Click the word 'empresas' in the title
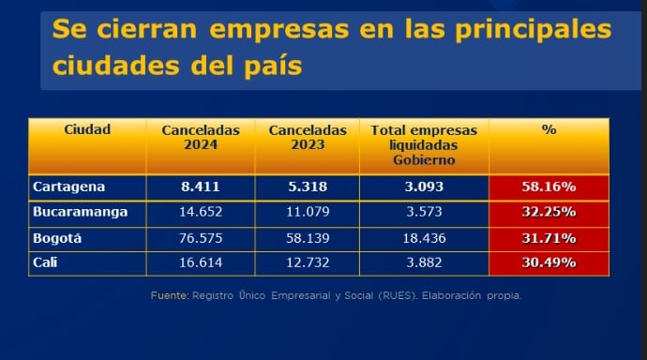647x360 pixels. pos(278,30)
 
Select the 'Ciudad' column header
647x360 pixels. pos(87,129)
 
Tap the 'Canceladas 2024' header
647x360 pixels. pos(200,137)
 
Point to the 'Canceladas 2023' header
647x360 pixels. pos(307,137)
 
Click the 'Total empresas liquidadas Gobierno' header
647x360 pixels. pos(424,144)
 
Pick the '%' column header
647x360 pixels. pos(549,129)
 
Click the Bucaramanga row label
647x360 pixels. pos(80,212)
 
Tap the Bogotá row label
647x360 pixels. pos(57,238)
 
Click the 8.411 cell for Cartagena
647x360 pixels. pos(200,187)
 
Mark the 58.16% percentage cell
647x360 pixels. pos(549,187)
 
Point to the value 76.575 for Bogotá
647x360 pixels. pos(200,238)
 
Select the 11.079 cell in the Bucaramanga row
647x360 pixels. pos(307,212)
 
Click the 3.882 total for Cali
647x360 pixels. pos(424,262)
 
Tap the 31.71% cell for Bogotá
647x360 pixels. pos(549,238)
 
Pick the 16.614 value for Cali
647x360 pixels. pos(200,262)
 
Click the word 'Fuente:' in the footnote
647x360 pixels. pos(169,295)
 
